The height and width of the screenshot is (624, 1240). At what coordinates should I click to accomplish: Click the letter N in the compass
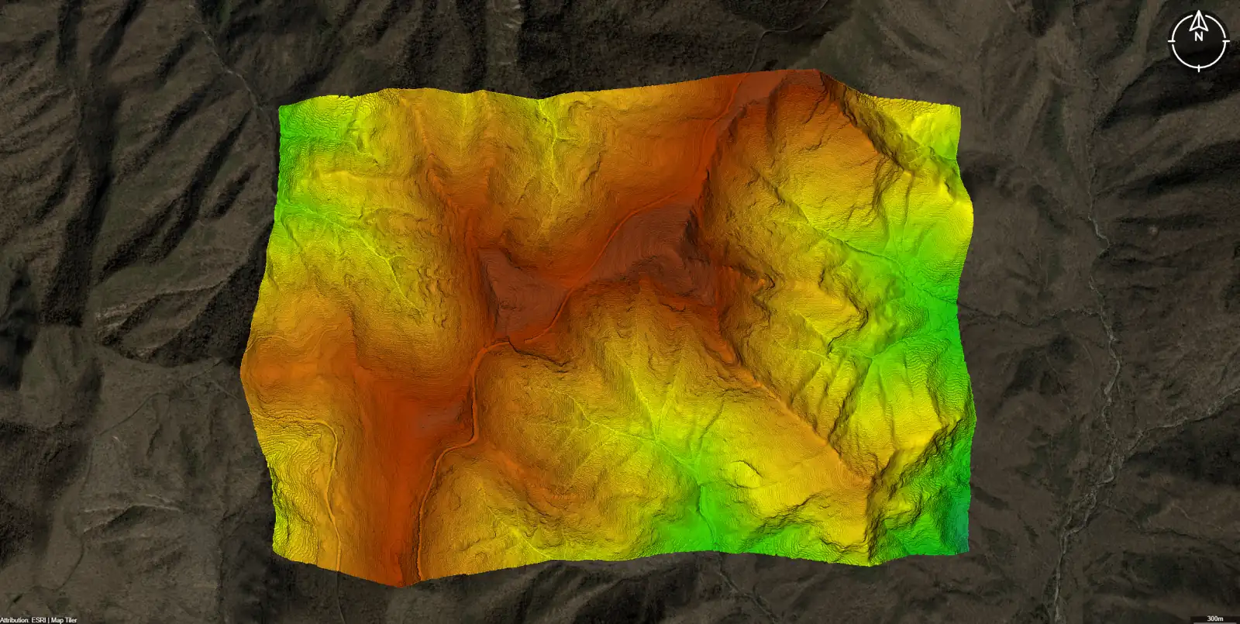(1199, 36)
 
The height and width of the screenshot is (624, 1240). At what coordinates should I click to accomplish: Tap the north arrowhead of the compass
(1199, 17)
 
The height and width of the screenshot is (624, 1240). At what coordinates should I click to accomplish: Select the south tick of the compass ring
(1199, 68)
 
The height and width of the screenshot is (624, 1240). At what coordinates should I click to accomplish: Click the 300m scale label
(1216, 618)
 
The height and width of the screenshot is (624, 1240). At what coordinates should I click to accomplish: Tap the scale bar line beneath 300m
(1216, 622)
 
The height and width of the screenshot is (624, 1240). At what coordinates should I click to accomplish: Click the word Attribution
(15, 620)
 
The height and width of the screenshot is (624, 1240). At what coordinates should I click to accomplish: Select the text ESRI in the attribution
(39, 620)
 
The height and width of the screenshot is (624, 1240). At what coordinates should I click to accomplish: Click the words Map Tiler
(64, 620)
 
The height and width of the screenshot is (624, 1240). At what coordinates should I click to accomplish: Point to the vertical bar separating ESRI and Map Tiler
(49, 620)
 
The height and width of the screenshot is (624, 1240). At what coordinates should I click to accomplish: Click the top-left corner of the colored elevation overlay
(280, 107)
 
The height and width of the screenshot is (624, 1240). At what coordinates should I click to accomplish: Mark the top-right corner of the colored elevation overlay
(959, 107)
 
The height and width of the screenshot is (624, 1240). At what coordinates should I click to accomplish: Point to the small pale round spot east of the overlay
(1155, 231)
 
